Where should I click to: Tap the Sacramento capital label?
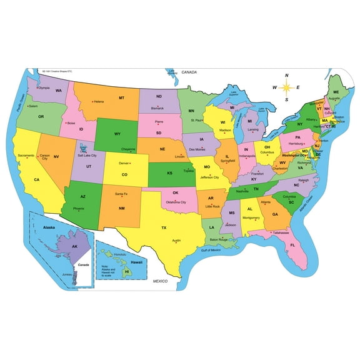point(26,154)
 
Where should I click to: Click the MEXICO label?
point(161,282)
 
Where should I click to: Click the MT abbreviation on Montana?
point(121,97)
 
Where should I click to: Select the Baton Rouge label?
point(218,239)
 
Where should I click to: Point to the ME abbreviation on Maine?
point(336,92)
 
